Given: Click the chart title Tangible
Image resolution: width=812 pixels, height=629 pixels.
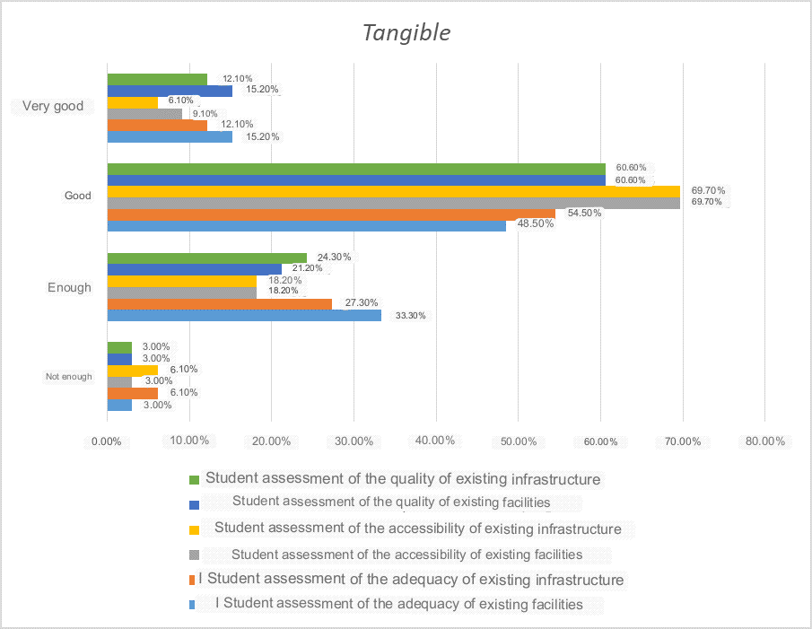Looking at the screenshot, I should point(406,33).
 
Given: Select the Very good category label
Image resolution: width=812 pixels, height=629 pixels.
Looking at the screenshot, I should point(53,106).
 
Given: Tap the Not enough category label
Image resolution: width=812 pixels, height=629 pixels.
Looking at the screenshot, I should point(69,377).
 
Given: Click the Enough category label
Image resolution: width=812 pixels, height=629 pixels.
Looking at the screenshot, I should point(69,288).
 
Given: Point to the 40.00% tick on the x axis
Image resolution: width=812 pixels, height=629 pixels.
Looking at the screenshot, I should point(436,441).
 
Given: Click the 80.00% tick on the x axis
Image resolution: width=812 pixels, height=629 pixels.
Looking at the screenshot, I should point(764,441).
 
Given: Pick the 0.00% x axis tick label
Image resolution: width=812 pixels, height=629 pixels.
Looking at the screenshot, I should point(107,441).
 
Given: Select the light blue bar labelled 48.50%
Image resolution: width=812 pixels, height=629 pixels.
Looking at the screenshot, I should point(306,225).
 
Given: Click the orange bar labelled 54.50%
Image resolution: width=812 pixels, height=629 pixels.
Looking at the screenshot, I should point(331,214).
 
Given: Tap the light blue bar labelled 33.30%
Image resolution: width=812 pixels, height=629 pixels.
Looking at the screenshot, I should point(244,315).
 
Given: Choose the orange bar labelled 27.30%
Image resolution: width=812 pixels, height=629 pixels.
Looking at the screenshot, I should point(219,303).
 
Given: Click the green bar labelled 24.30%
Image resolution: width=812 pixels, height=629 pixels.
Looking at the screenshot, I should point(206,258).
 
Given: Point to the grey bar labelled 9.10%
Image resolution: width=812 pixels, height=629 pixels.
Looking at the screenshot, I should point(144,114).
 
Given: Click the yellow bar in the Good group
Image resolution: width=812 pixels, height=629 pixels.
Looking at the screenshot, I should point(393,191).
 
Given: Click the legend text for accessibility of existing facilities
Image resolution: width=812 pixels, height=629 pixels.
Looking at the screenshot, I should point(406,555).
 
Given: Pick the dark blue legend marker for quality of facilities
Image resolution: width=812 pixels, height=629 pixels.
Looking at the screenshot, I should point(193,503).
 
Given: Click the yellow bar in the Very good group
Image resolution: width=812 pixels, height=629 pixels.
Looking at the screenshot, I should point(132,102).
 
